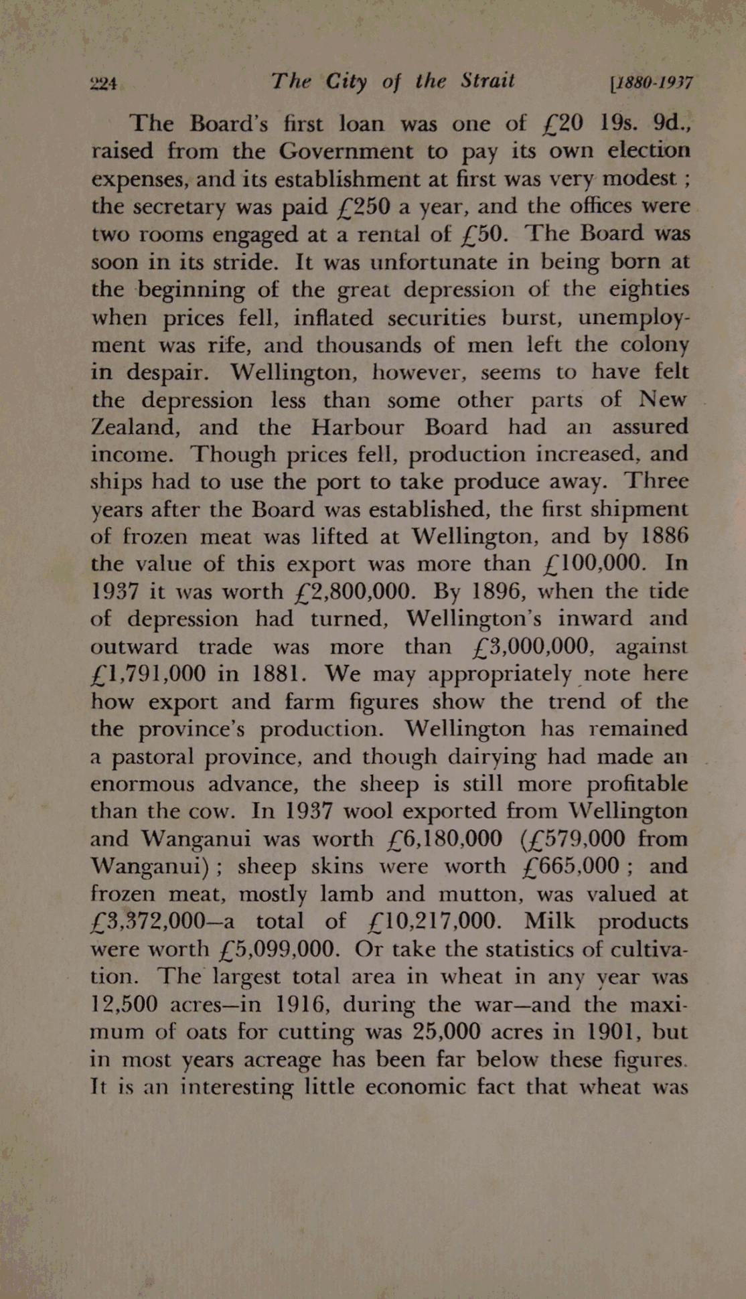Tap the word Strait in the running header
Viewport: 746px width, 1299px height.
(x=488, y=82)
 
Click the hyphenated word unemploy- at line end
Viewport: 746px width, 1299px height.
(x=633, y=317)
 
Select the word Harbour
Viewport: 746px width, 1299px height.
(x=358, y=427)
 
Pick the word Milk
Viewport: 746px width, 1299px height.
(x=549, y=921)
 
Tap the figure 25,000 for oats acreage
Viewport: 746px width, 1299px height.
(x=447, y=1032)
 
